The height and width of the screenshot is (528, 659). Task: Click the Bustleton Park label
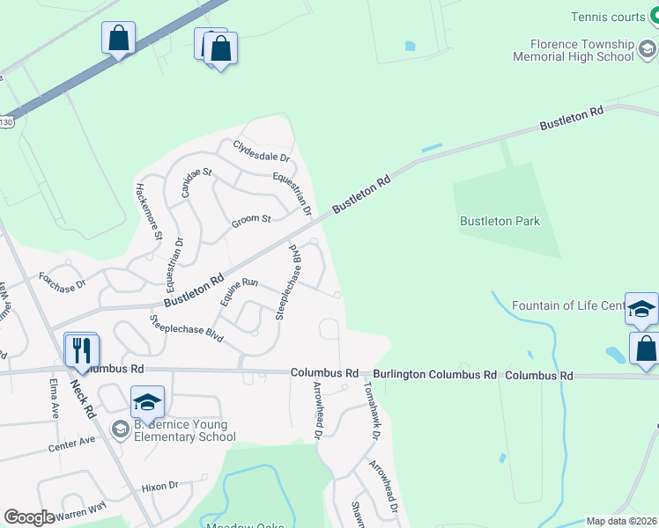500,221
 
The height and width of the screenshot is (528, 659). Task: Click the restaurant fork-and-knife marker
81,351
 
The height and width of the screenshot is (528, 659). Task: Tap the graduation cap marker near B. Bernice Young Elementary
147,402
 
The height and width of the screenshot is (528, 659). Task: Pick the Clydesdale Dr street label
262,150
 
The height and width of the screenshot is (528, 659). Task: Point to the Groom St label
251,218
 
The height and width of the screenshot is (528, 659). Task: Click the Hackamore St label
147,211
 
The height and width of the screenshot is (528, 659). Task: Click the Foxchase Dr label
62,282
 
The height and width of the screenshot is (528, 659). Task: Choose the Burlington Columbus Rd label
433,374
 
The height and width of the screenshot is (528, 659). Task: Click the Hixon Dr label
159,485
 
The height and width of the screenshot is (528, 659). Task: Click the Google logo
29,517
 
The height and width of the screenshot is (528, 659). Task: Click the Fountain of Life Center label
569,306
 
